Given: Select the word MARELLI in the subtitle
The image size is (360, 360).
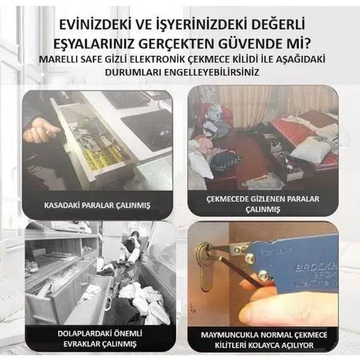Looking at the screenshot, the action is (56, 60).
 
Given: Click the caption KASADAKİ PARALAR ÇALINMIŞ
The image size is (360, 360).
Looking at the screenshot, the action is (97, 205).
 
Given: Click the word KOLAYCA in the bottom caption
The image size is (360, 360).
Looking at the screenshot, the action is (264, 346).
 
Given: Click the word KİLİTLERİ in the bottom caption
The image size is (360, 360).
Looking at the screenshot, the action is (230, 346).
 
